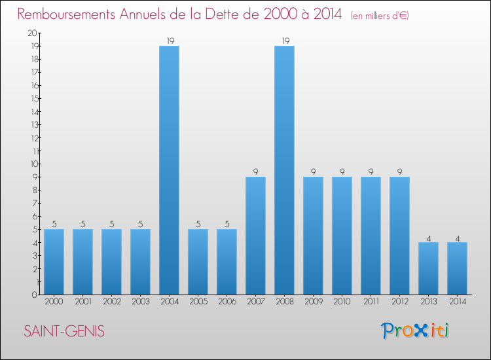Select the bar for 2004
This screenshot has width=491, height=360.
click(x=169, y=170)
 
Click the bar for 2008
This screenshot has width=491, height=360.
click(x=284, y=170)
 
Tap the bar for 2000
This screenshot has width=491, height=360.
click(x=54, y=262)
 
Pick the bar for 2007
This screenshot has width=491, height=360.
click(x=255, y=236)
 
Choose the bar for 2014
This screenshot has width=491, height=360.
click(x=457, y=268)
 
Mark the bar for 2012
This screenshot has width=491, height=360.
click(x=399, y=236)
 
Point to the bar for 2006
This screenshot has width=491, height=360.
click(x=227, y=262)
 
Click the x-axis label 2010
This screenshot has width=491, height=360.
click(x=342, y=302)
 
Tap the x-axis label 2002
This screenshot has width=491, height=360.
click(x=111, y=302)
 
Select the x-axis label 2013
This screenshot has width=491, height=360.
click(x=428, y=302)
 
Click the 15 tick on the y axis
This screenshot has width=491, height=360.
click(x=33, y=98)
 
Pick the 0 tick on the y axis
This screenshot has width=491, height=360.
click(x=33, y=295)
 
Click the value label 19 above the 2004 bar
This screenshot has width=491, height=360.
click(x=169, y=41)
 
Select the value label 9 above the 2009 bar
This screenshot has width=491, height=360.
click(x=313, y=171)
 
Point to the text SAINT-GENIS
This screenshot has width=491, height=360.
click(x=64, y=331)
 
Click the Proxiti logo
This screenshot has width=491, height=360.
click(x=416, y=331)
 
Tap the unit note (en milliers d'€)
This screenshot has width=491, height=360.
click(x=380, y=15)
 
